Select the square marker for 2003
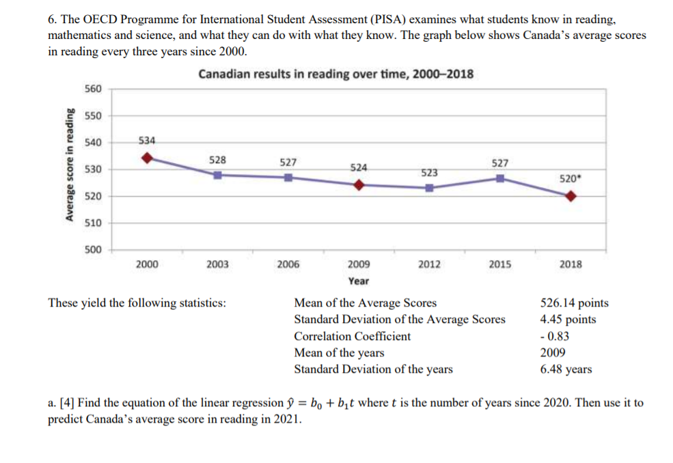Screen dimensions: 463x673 coord(217,175)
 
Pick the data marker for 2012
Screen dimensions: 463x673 coord(429,187)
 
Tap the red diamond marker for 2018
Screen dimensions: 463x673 coord(571,196)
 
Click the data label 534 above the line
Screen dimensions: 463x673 coord(147,141)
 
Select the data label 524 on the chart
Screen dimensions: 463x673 coord(359,167)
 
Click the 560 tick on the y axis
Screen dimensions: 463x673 coord(93,89)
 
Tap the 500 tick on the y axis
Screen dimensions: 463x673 coord(93,249)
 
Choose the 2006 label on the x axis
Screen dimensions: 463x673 coord(288,265)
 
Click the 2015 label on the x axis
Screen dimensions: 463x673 coord(500,265)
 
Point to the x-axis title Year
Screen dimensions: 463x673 coord(358,281)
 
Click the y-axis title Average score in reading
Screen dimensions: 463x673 coord(69,169)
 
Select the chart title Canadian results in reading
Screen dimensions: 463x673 coord(335,74)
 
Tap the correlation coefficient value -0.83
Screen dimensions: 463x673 coord(555,336)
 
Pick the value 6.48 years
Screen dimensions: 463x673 coord(566,369)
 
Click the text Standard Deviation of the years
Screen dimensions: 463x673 coord(373,369)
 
